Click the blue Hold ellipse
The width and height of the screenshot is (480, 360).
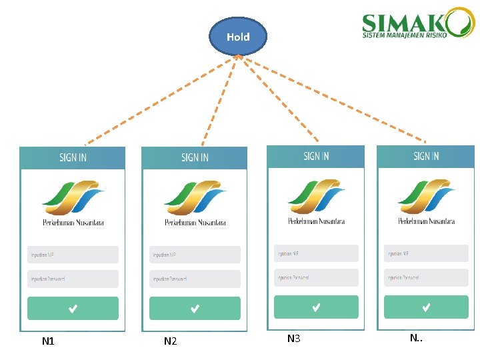(x=238, y=37)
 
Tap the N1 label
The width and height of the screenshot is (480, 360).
(x=48, y=341)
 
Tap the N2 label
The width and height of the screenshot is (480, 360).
(x=170, y=341)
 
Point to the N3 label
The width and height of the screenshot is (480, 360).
(x=293, y=339)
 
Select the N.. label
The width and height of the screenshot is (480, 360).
(x=416, y=338)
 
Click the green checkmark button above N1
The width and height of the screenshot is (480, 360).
(x=73, y=308)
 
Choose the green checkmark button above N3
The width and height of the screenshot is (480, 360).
(x=316, y=307)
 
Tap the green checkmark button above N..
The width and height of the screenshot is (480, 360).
(x=426, y=307)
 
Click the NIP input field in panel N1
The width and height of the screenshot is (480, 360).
(x=73, y=255)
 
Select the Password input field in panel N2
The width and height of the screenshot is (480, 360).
(x=195, y=279)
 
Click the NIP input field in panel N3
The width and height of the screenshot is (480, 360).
(x=316, y=253)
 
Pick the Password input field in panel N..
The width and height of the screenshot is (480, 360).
(x=426, y=277)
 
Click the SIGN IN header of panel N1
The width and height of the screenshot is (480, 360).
(x=73, y=157)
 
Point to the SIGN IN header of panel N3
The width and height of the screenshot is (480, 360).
(x=316, y=156)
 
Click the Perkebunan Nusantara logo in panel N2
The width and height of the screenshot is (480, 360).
(x=195, y=203)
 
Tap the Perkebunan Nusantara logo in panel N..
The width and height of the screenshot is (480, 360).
(x=426, y=201)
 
